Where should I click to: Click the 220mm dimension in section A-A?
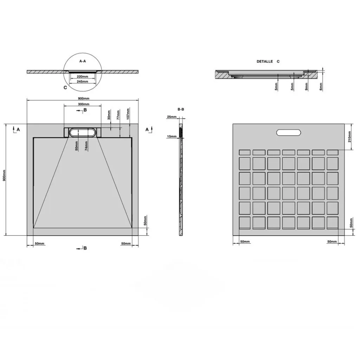click(x=82, y=76)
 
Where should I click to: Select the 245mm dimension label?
click(x=82, y=82)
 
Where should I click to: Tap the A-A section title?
click(x=83, y=61)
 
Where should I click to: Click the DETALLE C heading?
click(x=268, y=62)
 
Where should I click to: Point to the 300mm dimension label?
click(x=84, y=104)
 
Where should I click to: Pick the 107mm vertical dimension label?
click(x=128, y=114)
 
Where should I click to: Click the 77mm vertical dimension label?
click(x=118, y=115)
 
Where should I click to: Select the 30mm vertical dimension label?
click(x=109, y=115)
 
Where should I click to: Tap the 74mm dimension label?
click(x=86, y=146)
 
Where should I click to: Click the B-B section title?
click(x=181, y=109)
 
